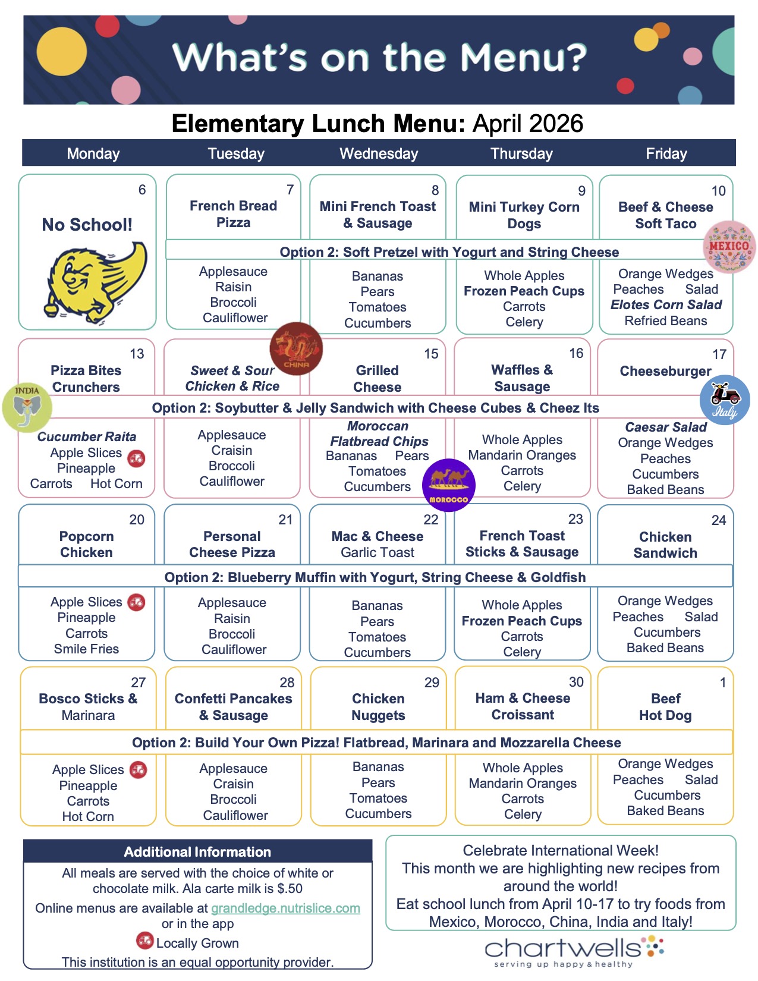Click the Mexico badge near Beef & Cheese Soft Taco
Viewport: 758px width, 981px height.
(729, 247)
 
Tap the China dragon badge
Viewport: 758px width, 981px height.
(296, 349)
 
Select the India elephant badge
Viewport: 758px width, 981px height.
(27, 407)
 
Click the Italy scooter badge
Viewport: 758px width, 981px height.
(725, 400)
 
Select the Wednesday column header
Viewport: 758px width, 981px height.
(379, 153)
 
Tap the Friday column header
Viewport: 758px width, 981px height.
(666, 153)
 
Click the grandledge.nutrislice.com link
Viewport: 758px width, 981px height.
(285, 908)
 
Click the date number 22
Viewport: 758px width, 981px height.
(430, 520)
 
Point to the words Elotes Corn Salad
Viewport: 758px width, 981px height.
(666, 305)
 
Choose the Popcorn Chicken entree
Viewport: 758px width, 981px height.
(86, 544)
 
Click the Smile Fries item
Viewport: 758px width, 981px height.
(86, 649)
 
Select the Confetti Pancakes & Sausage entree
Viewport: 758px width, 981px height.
(233, 707)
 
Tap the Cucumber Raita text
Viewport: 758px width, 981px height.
(86, 437)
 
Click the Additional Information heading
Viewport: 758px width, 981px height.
(197, 851)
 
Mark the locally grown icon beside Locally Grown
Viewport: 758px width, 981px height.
(144, 941)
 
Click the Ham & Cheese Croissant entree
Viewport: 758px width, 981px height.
(523, 706)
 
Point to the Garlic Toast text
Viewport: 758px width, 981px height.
(378, 552)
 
